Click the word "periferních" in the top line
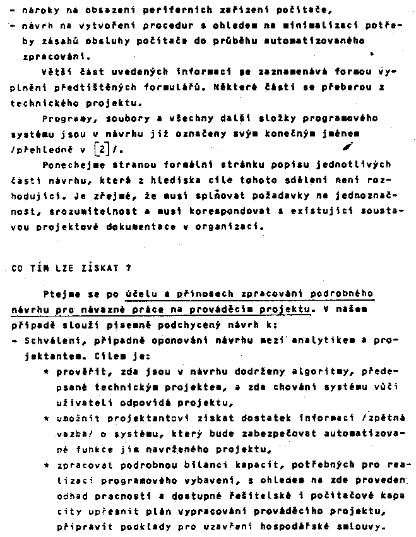pos(161,11)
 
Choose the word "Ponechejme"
pos(68,165)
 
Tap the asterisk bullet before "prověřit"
pos(47,372)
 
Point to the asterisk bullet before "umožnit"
pos(47,418)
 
